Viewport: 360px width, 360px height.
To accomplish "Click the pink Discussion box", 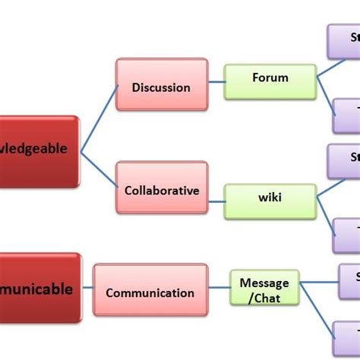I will [x=161, y=87].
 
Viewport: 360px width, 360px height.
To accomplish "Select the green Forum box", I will [x=270, y=77].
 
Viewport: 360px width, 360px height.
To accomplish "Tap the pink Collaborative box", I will [x=161, y=190].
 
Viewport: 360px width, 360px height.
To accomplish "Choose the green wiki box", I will [x=270, y=198].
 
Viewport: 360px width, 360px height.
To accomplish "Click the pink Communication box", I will [x=150, y=292].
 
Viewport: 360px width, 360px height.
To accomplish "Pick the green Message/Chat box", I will [x=264, y=291].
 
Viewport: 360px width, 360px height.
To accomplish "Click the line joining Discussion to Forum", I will [x=216, y=82].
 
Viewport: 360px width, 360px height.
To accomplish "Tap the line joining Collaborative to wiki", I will [x=216, y=197].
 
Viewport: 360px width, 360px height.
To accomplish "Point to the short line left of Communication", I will [x=87, y=288].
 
